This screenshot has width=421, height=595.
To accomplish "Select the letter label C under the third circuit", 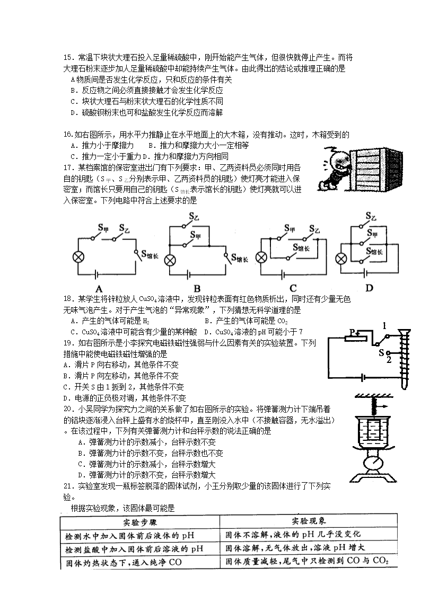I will [x=293, y=289].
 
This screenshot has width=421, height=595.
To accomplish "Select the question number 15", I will [x=67, y=57].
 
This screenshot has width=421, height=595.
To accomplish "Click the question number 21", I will [x=67, y=485].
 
